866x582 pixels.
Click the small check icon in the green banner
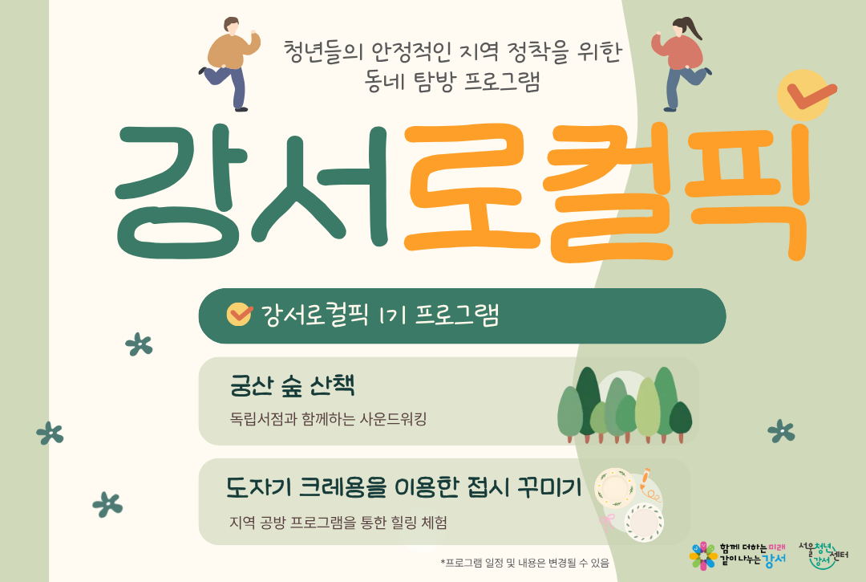(239, 314)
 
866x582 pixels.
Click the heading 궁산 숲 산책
(292, 386)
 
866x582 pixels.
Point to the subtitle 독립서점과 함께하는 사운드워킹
(328, 419)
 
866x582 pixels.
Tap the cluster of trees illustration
(625, 405)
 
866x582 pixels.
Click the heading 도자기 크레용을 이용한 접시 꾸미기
(403, 486)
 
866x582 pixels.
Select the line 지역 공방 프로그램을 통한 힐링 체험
(338, 523)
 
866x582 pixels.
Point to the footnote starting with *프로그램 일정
(524, 563)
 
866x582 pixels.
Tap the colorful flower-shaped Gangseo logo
(703, 555)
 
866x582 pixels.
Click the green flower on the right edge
(780, 431)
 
